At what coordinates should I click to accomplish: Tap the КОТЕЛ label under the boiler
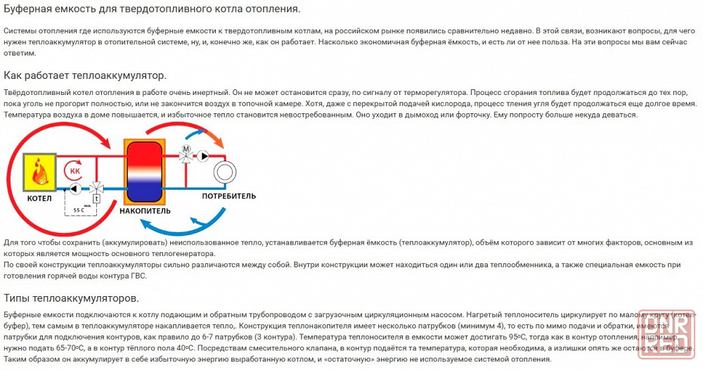pos(39,198)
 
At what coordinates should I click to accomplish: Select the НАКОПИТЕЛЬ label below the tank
pos(145,210)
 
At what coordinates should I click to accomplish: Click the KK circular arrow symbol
pos(73,171)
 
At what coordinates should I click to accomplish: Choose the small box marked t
pos(96,199)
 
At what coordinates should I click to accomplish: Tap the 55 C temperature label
pos(79,210)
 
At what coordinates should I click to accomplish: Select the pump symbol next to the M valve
pos(204,155)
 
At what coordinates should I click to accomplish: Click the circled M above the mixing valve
pos(187,149)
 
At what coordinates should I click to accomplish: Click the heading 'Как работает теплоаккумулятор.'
pos(85,75)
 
